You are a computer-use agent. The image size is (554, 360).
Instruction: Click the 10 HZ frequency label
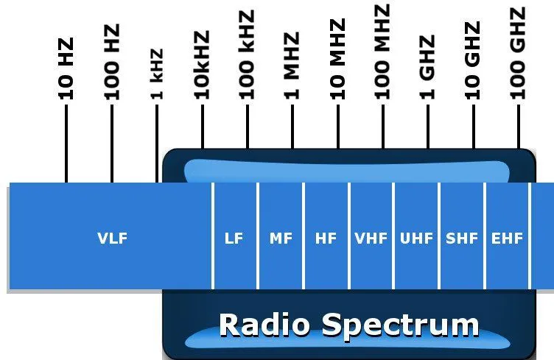coord(66,68)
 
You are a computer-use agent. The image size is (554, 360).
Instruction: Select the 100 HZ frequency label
coord(112,62)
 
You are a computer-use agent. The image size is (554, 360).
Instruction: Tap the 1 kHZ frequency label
coord(156,74)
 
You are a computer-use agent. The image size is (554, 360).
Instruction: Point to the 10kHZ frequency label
coord(202,65)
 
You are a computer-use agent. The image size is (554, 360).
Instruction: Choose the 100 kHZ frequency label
coord(247,54)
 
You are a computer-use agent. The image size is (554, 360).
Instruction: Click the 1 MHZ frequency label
coord(292,66)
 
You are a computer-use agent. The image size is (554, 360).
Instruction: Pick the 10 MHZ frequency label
coord(337,59)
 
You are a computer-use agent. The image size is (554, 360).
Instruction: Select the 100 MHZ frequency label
coord(382,52)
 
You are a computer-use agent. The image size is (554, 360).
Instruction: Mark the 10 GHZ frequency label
coord(472,60)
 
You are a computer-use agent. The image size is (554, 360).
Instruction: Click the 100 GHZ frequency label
coord(518,54)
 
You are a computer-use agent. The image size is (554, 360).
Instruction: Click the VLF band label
coord(113,239)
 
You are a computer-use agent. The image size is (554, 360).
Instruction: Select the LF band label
coord(234,239)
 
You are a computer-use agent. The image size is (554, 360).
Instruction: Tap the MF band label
coord(281,239)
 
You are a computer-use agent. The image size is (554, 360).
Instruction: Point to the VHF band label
coord(371,239)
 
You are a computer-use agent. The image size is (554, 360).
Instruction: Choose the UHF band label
coord(416,239)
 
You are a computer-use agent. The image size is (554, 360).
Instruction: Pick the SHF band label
coord(462,239)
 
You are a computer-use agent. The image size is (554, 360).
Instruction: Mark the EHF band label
coord(507,239)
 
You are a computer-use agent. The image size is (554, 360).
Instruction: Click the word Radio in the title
coord(264,325)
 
